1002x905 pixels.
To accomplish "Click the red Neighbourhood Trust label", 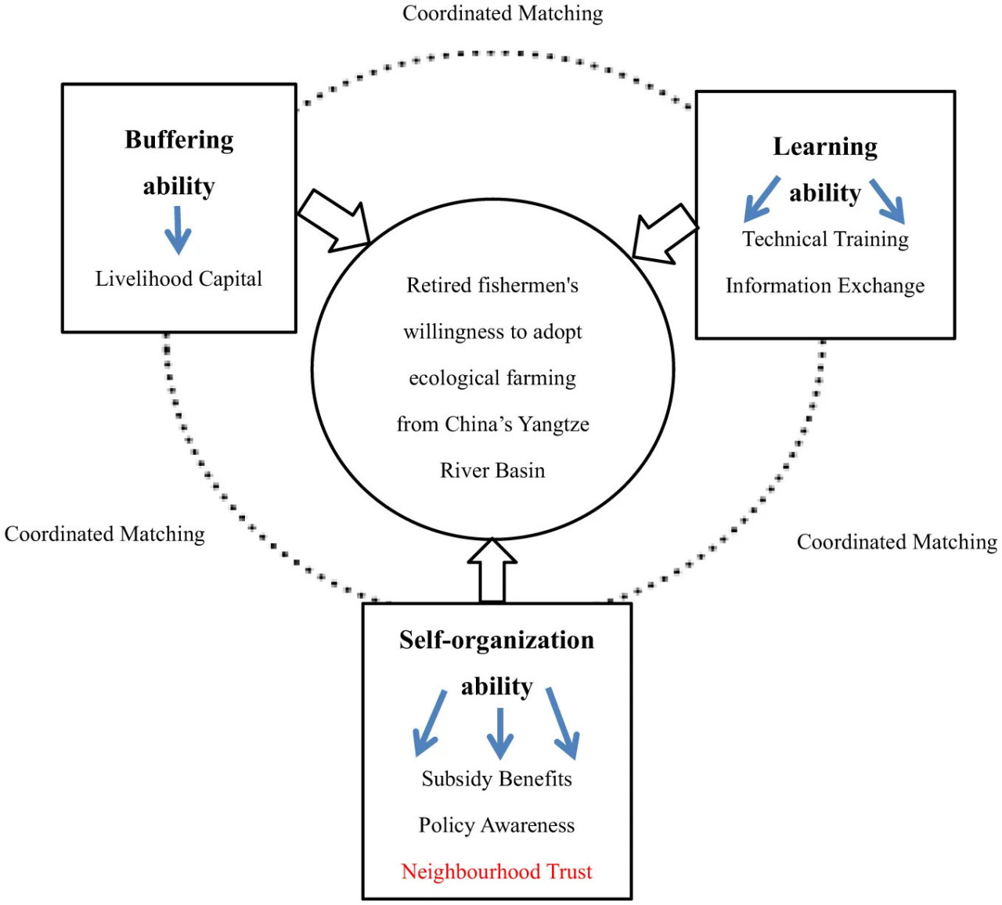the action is (496, 871).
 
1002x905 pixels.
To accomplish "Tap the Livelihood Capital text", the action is (178, 279).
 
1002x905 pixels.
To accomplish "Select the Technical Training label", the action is (825, 239).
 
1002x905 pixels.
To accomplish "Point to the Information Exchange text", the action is (825, 285).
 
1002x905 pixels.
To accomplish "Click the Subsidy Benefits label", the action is (496, 779).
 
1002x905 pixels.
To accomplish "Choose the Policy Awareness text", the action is (496, 825).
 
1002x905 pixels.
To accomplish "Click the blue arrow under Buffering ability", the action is (178, 230).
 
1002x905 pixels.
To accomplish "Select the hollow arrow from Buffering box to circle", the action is (333, 221).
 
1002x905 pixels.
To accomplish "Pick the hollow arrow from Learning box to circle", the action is (665, 234).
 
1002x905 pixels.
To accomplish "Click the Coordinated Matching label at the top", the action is (503, 13).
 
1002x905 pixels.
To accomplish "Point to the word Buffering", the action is (178, 139).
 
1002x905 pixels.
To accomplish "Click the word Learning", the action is (825, 146).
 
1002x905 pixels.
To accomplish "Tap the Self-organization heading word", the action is (496, 640).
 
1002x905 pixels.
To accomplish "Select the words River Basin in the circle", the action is (492, 471).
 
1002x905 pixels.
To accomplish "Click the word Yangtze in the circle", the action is (553, 424).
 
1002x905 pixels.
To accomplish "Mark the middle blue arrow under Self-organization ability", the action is (500, 734).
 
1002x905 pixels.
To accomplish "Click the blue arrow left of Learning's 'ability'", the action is (762, 199).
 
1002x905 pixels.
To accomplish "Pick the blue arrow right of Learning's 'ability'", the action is (887, 201).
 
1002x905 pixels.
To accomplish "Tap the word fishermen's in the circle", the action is (528, 285).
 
